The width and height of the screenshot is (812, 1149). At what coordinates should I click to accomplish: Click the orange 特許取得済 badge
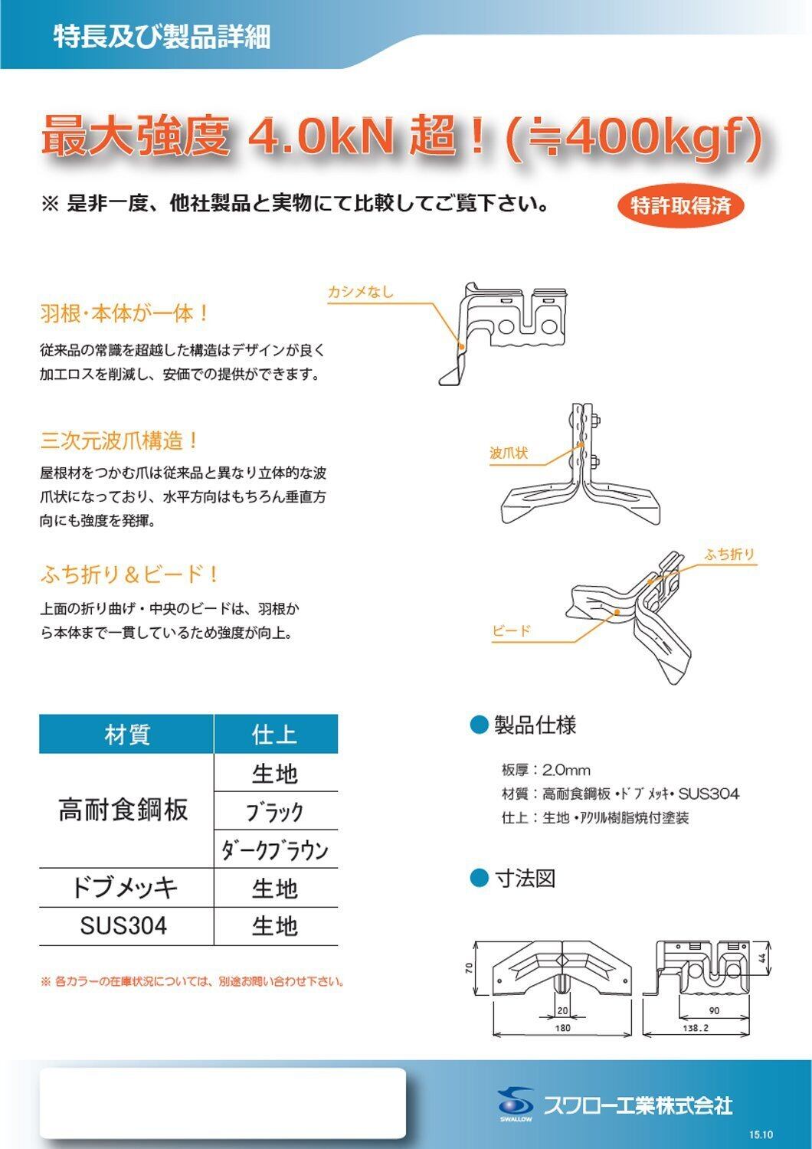coord(680,205)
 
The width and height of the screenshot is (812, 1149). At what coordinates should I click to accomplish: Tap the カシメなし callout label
coord(360,292)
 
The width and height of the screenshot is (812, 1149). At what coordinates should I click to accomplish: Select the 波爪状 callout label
coord(509,453)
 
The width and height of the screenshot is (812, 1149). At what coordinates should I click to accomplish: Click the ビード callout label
coord(511,631)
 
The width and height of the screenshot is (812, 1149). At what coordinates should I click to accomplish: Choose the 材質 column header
coord(126,735)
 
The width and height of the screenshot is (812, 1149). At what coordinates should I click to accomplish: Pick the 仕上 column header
coord(275,735)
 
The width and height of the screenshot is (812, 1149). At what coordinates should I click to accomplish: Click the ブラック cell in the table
coord(275,811)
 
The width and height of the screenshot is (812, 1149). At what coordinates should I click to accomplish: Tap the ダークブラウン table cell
coord(275,849)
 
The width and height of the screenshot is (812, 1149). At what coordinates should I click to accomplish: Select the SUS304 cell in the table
coord(123,926)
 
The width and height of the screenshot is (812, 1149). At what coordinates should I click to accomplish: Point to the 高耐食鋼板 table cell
coord(123,810)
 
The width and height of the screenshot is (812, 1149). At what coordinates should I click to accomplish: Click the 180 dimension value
coord(562,1028)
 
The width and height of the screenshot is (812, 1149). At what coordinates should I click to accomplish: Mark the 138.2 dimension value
coord(696,1028)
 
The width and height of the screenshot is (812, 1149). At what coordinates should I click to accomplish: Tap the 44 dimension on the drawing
coord(762,958)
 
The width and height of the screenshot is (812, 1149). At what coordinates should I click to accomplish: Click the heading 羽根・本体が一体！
coord(124,313)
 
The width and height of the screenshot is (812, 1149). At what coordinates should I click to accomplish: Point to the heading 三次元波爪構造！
coord(120,440)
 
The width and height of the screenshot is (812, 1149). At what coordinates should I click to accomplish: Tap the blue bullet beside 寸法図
coord(479,877)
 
